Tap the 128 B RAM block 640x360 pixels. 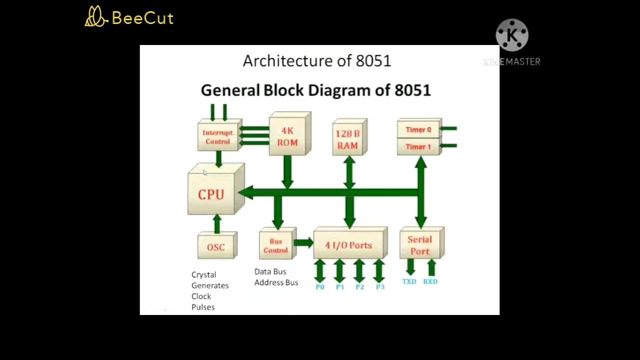pyautogui.click(x=348, y=139)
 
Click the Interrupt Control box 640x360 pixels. pyautogui.click(x=217, y=137)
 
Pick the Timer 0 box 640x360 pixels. pyautogui.click(x=418, y=130)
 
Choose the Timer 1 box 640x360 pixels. pyautogui.click(x=418, y=147)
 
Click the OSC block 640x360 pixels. pyautogui.click(x=216, y=247)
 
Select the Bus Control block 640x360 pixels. pyautogui.click(x=276, y=245)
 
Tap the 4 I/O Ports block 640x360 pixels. pyautogui.click(x=348, y=245)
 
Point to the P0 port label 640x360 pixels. pyautogui.click(x=320, y=287)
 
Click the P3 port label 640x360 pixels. pyautogui.click(x=380, y=287)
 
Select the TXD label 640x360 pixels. pyautogui.click(x=409, y=281)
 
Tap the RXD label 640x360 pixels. pyautogui.click(x=430, y=281)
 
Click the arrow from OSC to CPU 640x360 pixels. pyautogui.click(x=217, y=224)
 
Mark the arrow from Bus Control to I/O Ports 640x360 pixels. pyautogui.click(x=303, y=243)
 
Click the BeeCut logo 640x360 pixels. pyautogui.click(x=129, y=17)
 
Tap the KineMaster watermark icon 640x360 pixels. pyautogui.click(x=512, y=35)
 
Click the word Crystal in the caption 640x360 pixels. pyautogui.click(x=204, y=274)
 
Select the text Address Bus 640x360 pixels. pyautogui.click(x=276, y=282)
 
